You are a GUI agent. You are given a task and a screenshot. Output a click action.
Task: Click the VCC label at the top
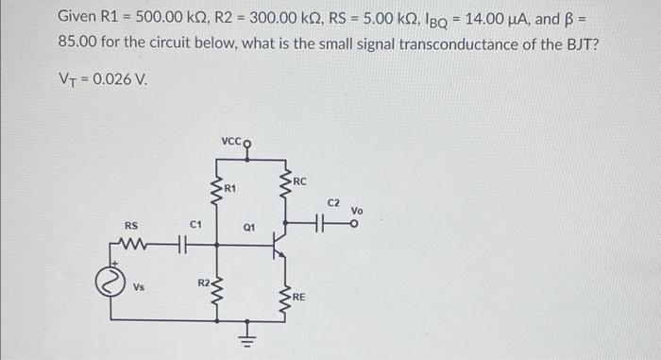[231, 141]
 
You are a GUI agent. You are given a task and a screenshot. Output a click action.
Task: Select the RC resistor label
[299, 180]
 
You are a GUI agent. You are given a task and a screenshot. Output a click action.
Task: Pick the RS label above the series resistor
[131, 226]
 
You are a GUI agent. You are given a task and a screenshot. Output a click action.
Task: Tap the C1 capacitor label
[195, 225]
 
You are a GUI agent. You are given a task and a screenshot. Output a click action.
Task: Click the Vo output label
[357, 210]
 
